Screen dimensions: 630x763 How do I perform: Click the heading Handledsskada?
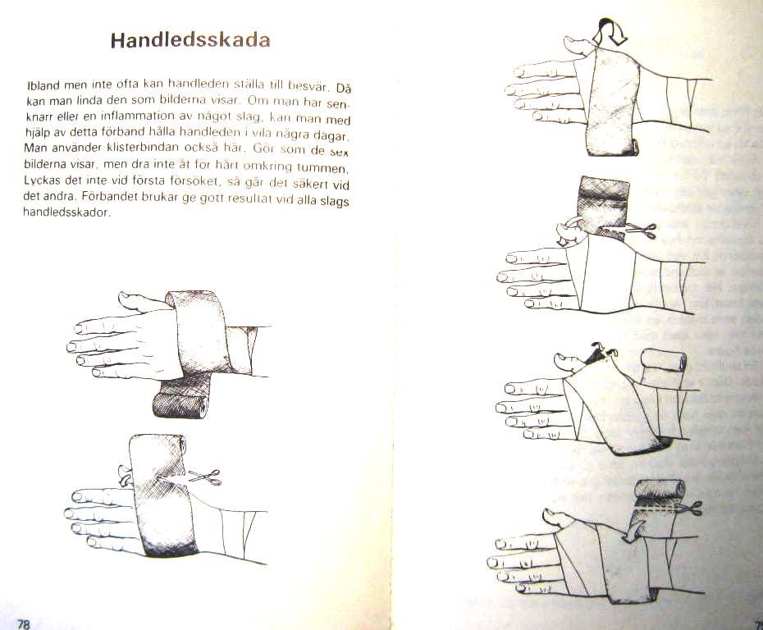pyautogui.click(x=190, y=41)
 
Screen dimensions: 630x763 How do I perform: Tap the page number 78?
pyautogui.click(x=24, y=623)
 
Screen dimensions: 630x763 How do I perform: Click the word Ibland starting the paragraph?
pyautogui.click(x=41, y=85)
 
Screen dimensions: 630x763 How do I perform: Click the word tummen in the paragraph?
pyautogui.click(x=336, y=168)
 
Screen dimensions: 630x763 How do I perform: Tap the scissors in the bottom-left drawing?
pyautogui.click(x=204, y=476)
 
